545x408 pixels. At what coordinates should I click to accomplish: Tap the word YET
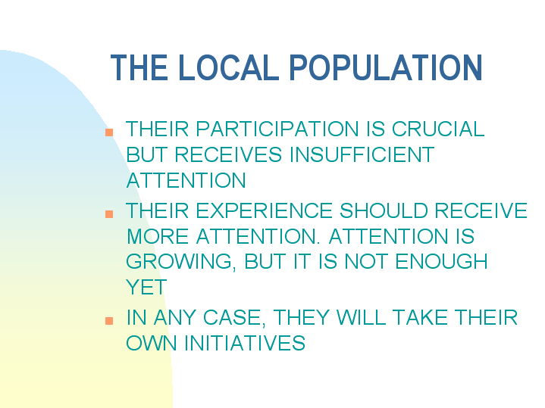(x=146, y=288)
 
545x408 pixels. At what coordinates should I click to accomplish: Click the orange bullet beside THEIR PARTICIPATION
(x=110, y=132)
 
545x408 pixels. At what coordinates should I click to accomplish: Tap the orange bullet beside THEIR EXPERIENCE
(x=110, y=213)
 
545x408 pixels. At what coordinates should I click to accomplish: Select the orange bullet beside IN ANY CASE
(x=110, y=320)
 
